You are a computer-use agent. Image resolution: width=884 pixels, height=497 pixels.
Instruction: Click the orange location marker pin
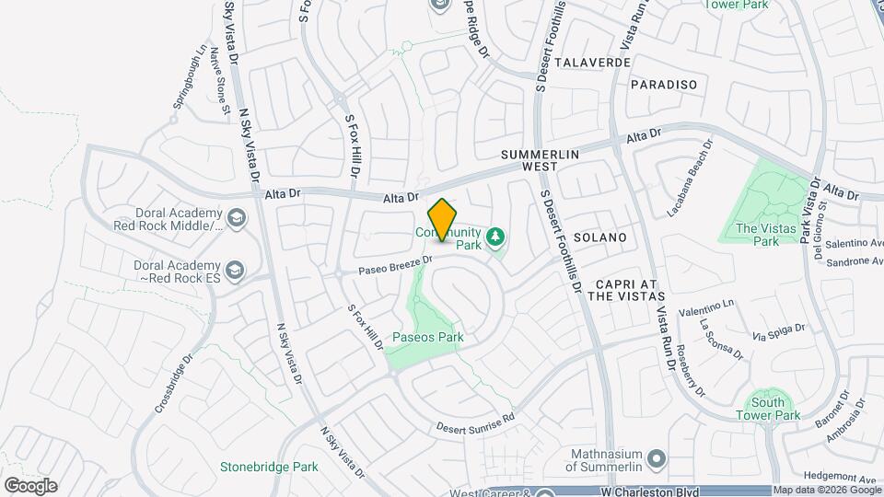(443, 220)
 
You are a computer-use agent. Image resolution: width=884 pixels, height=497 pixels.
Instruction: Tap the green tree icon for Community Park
(496, 237)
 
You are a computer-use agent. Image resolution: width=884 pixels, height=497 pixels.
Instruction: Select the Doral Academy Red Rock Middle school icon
(237, 218)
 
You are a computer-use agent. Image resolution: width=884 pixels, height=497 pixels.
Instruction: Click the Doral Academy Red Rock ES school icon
(237, 270)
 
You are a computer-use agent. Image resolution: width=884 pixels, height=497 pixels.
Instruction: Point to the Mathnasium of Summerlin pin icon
(656, 457)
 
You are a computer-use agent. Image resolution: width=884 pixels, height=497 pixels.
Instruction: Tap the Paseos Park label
(427, 338)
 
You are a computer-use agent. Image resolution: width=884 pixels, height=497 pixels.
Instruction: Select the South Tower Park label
(767, 409)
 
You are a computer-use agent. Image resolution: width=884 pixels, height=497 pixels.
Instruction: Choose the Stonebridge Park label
(269, 467)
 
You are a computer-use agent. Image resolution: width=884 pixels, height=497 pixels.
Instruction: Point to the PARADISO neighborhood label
(664, 85)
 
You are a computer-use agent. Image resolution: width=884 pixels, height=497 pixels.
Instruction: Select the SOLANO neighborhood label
(599, 237)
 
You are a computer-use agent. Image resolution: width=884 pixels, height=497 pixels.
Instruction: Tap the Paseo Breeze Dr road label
(396, 266)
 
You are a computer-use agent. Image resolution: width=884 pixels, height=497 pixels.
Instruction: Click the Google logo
(30, 486)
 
